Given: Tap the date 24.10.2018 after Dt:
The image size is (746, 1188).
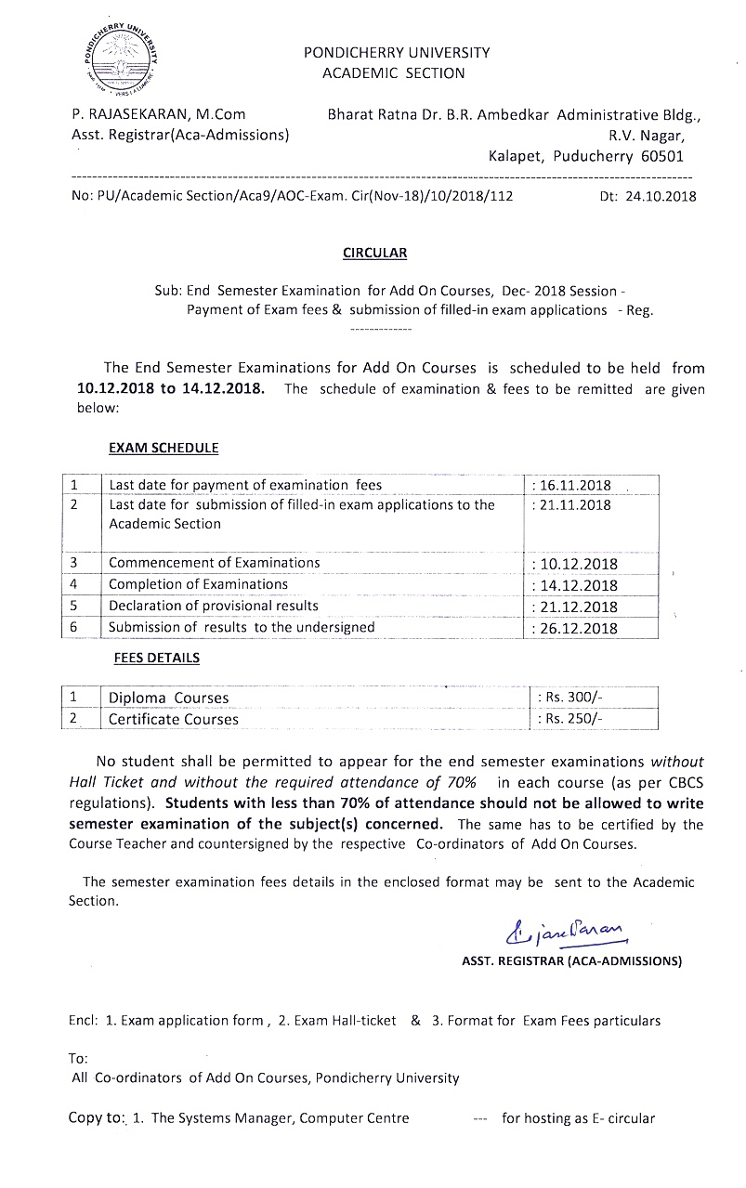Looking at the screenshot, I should [x=661, y=196].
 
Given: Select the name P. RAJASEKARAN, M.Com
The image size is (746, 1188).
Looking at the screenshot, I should [x=159, y=115].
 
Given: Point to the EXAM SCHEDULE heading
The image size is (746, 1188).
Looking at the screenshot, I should [x=164, y=448].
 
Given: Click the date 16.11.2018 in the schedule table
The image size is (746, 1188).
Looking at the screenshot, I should [x=572, y=485].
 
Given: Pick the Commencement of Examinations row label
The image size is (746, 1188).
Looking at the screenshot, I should [x=214, y=563].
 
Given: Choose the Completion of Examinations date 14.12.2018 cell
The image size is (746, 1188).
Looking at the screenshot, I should [x=574, y=585].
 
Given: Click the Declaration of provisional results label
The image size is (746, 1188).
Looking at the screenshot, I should [x=213, y=606].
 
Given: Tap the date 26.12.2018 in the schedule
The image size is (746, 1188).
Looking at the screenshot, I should [x=574, y=628].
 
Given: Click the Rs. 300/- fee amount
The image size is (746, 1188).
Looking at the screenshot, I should [x=571, y=698].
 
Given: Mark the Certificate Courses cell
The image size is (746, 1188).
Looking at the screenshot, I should [x=173, y=719].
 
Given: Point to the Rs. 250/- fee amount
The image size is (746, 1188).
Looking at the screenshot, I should [x=571, y=719].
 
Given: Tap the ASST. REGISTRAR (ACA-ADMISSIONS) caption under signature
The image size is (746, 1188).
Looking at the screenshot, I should [x=571, y=961].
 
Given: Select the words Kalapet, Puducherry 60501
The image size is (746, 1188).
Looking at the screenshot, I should [x=585, y=157].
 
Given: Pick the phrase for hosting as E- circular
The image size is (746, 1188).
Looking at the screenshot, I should [x=578, y=1118].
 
